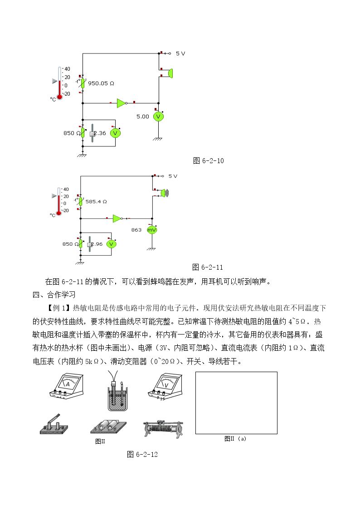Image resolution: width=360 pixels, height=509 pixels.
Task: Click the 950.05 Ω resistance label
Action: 101,83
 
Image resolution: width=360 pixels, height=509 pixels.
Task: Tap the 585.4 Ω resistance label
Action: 96,202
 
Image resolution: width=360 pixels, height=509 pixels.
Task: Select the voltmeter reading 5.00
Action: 142,116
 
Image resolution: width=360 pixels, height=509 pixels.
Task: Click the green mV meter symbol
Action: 152,230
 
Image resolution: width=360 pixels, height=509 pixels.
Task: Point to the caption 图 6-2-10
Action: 209,161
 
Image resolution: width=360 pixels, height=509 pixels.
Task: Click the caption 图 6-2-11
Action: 207,267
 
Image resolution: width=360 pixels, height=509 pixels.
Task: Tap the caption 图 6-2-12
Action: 142,455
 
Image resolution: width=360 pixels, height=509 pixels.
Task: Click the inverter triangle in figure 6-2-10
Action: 122,103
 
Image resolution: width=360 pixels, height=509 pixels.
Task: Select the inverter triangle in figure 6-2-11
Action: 117,218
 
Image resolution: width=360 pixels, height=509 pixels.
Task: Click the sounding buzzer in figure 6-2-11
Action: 165,193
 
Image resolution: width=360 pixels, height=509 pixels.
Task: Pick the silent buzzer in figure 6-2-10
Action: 170,73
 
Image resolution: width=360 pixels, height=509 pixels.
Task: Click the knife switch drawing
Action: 54,424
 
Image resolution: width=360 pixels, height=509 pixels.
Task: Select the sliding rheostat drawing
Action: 163,428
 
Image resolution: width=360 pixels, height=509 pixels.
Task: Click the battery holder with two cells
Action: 108,427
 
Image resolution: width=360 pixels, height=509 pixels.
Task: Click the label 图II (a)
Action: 235,439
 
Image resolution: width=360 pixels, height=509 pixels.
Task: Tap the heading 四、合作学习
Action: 54,295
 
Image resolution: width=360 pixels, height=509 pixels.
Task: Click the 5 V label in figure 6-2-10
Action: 180,53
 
